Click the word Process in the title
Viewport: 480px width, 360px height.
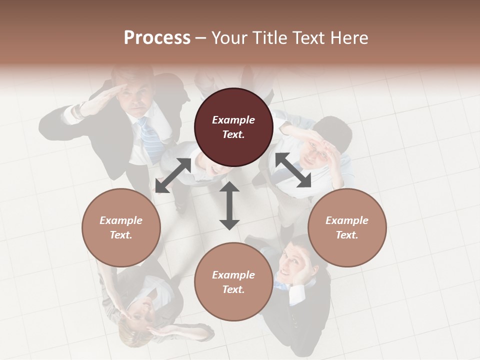(157, 38)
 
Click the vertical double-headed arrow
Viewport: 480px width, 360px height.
(229, 205)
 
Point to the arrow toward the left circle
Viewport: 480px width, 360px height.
(172, 175)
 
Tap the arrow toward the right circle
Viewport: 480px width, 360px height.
(293, 170)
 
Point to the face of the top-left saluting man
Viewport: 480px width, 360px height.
(136, 98)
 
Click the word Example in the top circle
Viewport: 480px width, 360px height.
(233, 120)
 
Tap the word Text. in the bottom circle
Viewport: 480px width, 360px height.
(233, 289)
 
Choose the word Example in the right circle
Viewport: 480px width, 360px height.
(347, 220)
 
